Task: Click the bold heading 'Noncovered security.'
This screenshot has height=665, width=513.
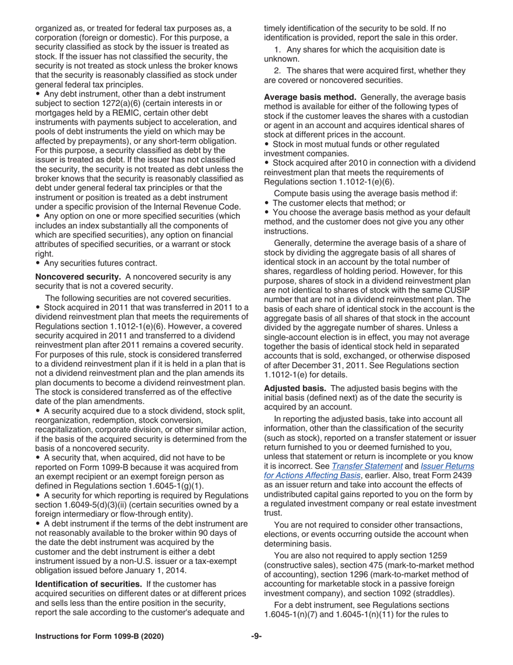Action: click(x=77, y=277)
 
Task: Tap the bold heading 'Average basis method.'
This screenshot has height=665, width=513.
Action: click(x=311, y=97)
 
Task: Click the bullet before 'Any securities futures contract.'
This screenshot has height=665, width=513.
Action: click(x=38, y=263)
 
